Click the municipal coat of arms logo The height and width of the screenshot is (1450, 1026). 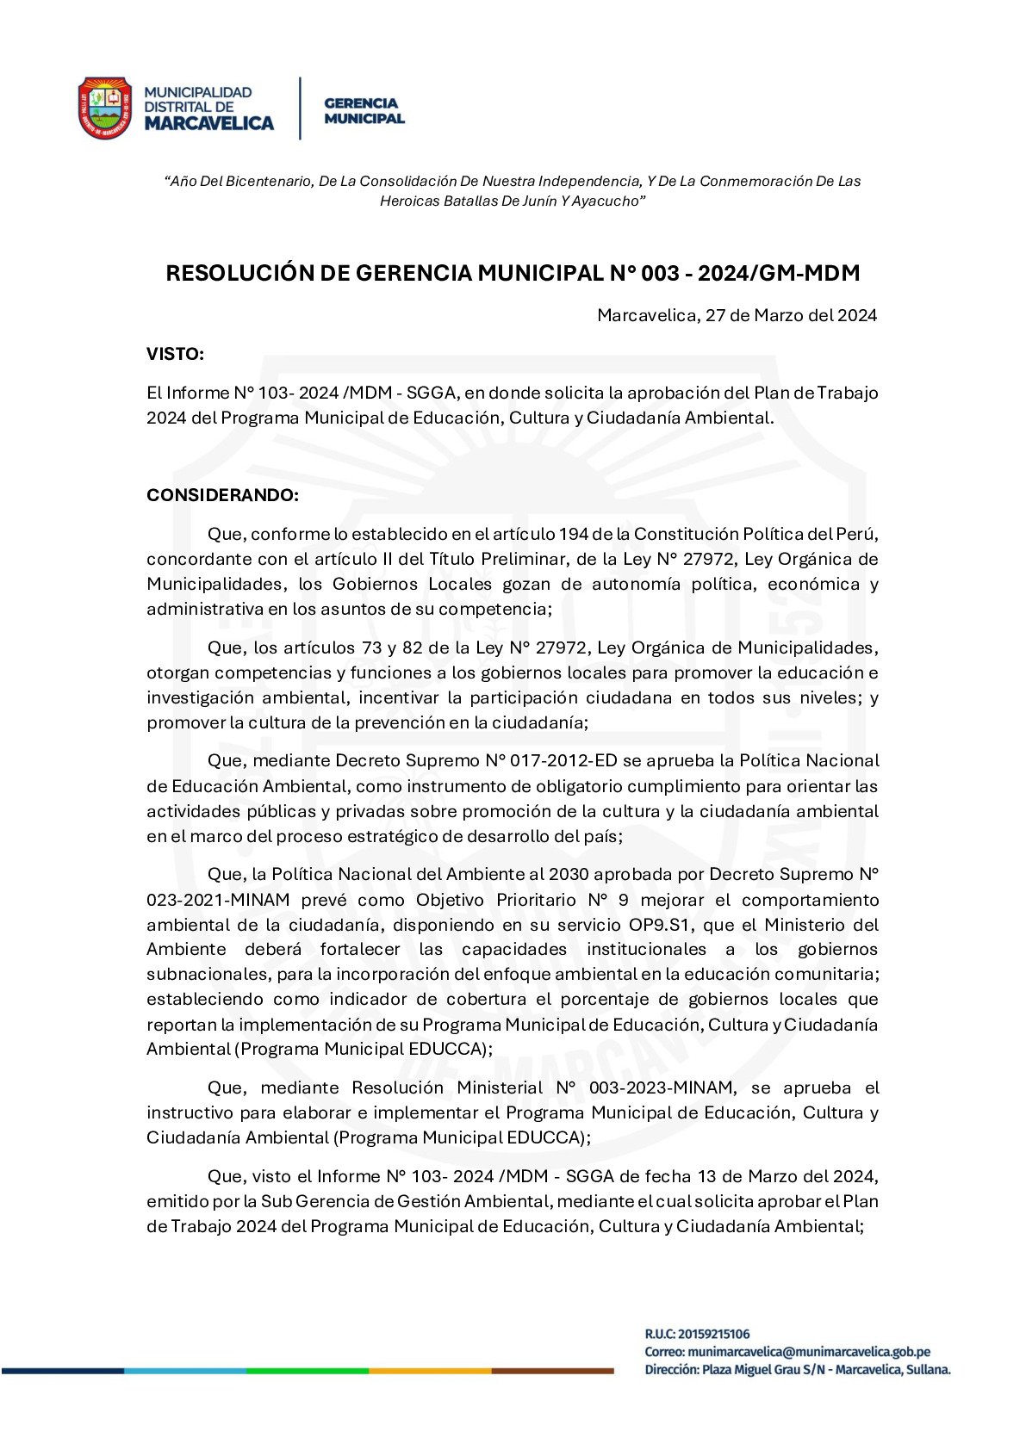104,108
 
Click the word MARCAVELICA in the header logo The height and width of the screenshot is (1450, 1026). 208,124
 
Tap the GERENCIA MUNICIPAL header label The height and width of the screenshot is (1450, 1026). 364,111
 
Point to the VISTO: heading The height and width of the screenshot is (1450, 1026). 175,354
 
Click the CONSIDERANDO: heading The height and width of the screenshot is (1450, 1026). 222,495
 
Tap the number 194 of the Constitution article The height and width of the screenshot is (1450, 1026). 572,534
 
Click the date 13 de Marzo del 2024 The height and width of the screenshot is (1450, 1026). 791,1176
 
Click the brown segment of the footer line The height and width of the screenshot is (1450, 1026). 552,1370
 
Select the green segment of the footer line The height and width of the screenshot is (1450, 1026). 308,1370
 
